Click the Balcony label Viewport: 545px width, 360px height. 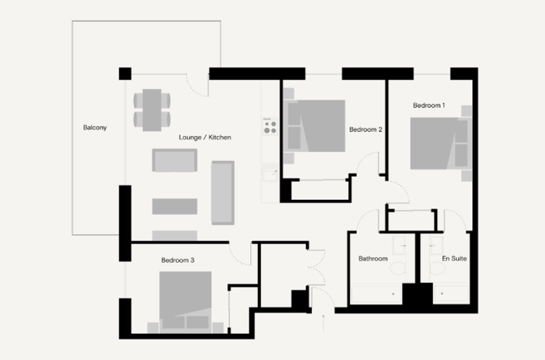95,127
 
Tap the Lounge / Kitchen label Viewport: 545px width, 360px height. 205,137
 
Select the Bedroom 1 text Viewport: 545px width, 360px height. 429,105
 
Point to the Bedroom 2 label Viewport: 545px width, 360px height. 366,129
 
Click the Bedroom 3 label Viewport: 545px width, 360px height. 178,260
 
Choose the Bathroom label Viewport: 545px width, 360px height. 373,259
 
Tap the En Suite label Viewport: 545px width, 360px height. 455,259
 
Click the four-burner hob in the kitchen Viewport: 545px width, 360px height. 270,126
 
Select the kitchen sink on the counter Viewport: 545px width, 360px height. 270,172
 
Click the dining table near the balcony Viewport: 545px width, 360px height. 152,110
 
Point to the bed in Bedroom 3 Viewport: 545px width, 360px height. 185,302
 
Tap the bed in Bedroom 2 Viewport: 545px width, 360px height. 314,126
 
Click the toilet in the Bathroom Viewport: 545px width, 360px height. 398,269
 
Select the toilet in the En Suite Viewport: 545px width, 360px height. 437,269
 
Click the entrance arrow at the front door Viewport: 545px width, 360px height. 324,323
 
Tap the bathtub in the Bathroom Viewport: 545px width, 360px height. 377,294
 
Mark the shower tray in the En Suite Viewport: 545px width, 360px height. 451,294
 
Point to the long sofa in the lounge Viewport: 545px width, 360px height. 223,192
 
